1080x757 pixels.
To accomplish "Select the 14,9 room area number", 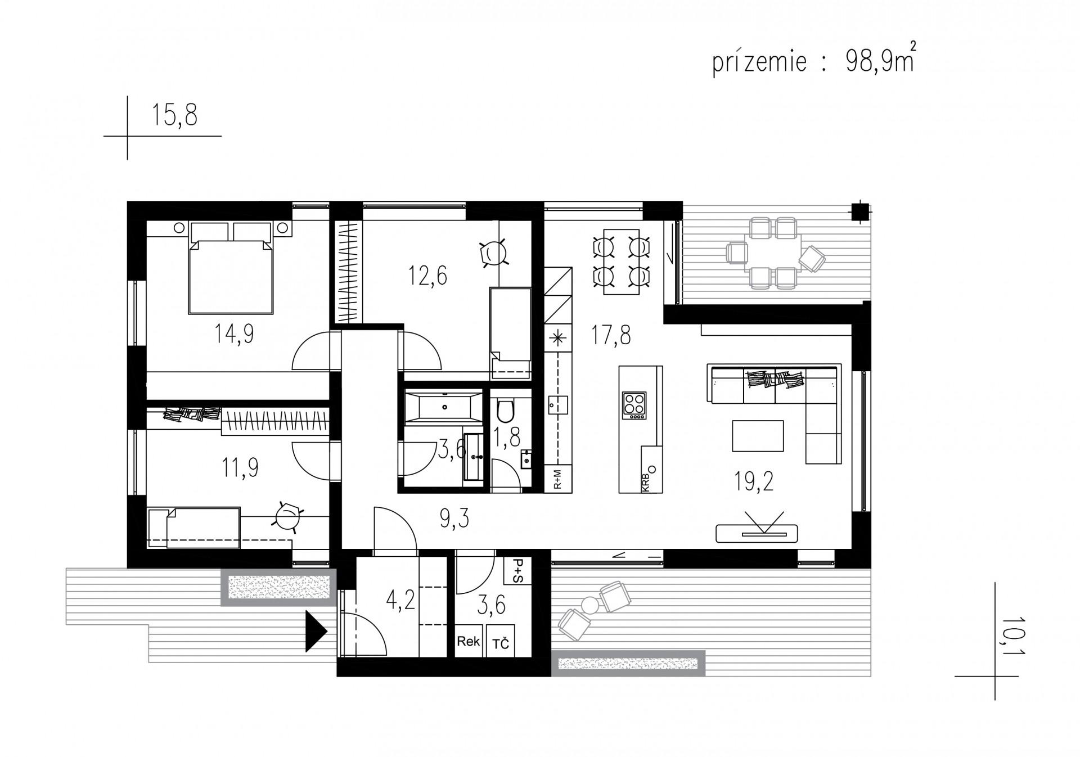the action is tap(233, 334).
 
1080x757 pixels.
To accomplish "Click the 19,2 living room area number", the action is tap(753, 481).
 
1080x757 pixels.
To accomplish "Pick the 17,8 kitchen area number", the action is tap(610, 335).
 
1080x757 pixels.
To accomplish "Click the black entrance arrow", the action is tap(316, 631).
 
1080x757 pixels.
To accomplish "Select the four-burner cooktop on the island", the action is tap(634, 405).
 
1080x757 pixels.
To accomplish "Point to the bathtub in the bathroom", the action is tap(443, 406).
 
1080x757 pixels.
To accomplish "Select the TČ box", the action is tap(500, 642).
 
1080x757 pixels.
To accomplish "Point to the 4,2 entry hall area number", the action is tap(400, 601).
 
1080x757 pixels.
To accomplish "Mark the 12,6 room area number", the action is tap(427, 276).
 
